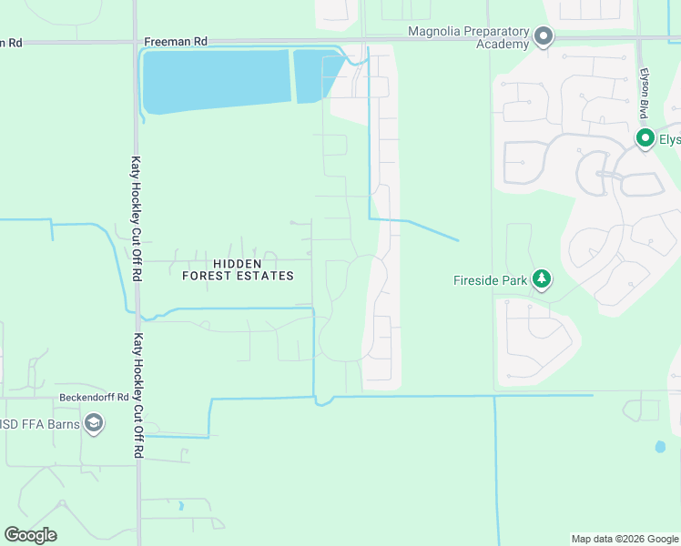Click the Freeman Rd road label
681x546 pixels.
click(x=176, y=42)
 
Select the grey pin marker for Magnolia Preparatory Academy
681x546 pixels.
click(x=544, y=37)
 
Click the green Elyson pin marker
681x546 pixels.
click(x=645, y=138)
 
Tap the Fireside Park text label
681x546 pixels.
click(x=490, y=280)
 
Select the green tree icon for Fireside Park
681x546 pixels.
click(x=542, y=278)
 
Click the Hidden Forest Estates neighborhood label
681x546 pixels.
click(x=239, y=268)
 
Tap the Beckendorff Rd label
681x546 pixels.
click(x=95, y=398)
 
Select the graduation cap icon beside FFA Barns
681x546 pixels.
click(x=93, y=423)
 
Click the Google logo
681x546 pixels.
click(x=30, y=535)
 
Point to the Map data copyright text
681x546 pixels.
click(x=624, y=539)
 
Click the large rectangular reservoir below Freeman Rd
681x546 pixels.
click(x=215, y=80)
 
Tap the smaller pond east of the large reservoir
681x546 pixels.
click(x=314, y=75)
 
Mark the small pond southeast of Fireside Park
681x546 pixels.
click(x=658, y=447)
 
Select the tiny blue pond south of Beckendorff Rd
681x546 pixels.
click(x=180, y=505)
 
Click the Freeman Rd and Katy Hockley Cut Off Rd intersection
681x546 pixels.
click(x=136, y=41)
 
